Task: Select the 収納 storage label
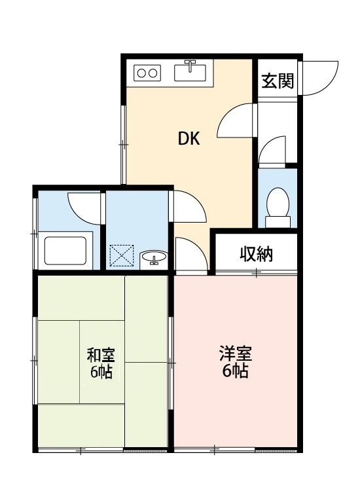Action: tap(256, 255)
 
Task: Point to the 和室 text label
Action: tap(101, 355)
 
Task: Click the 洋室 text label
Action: tap(235, 355)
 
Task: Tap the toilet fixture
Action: tap(278, 204)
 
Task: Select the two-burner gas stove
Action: tap(147, 73)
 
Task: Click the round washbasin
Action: tap(154, 258)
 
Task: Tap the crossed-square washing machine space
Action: tap(121, 256)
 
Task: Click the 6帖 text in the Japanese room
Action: tap(101, 373)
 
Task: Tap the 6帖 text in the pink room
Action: tap(235, 373)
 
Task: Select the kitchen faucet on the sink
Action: tap(190, 65)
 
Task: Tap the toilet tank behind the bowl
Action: tap(278, 221)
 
